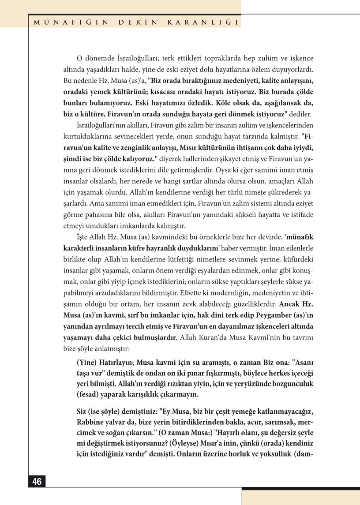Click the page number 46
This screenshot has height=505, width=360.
pyautogui.click(x=37, y=481)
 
